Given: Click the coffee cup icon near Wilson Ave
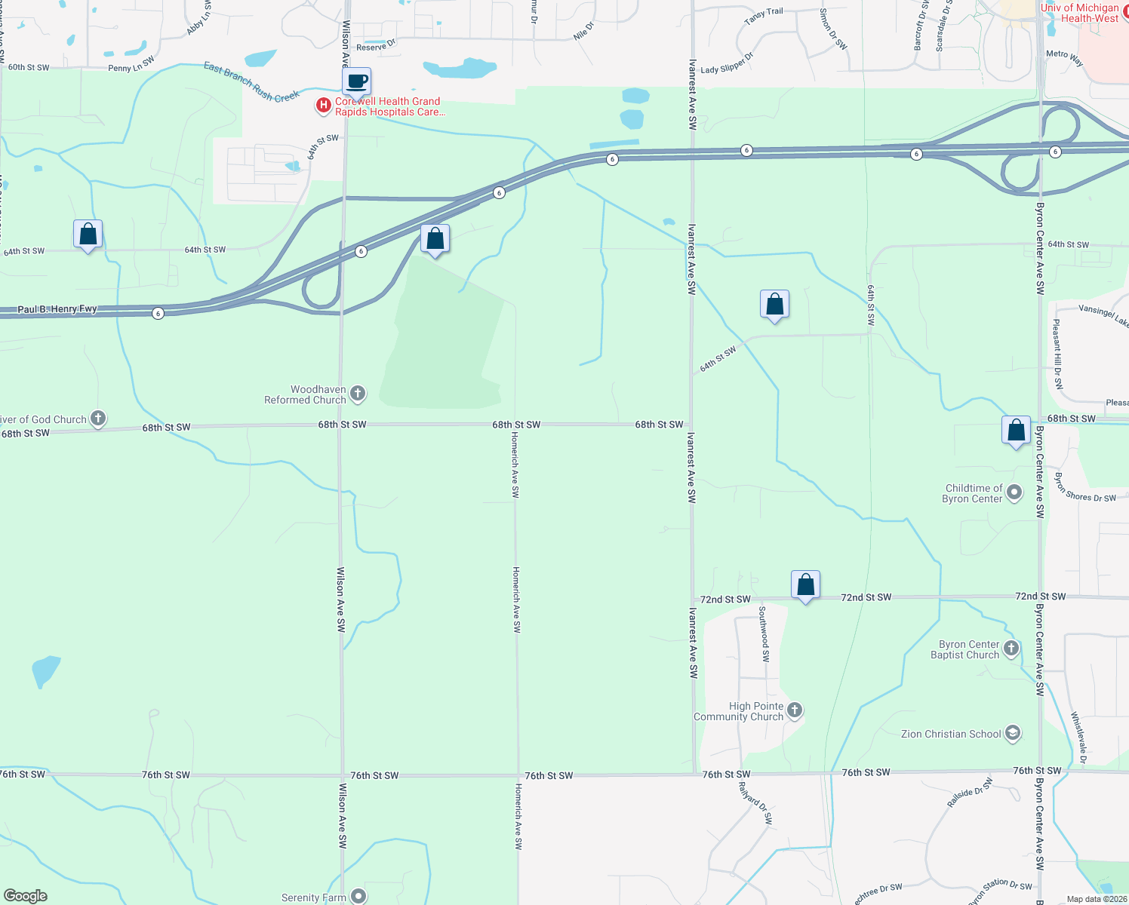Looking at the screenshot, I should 357,81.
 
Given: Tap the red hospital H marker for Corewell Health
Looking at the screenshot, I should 324,106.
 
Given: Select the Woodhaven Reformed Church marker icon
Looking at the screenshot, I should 358,393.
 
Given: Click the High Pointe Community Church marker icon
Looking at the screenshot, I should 795,710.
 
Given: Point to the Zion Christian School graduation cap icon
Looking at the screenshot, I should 1013,733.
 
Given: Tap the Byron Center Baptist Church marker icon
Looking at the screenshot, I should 1012,648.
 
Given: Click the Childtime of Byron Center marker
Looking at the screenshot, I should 1014,492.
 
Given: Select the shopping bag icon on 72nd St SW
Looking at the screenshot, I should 805,585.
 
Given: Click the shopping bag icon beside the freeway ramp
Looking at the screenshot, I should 435,239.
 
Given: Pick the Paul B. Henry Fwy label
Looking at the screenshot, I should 57,309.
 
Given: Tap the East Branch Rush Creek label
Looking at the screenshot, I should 251,82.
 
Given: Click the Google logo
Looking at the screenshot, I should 25,896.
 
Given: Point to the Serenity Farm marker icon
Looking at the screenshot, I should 358,896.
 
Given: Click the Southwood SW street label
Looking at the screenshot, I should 764,633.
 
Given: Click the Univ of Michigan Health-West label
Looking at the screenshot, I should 1079,13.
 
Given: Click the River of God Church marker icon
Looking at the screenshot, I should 98,419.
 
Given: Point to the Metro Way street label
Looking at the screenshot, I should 1065,57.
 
